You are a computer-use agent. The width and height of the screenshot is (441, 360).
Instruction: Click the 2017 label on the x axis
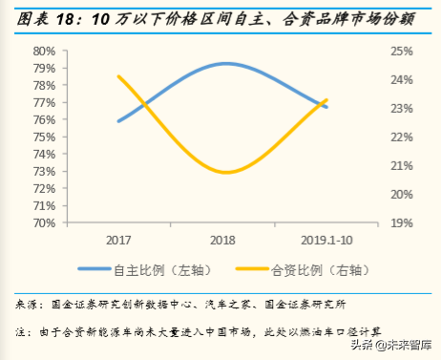point(119,241)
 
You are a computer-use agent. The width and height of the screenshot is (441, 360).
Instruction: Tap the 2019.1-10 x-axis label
point(327,241)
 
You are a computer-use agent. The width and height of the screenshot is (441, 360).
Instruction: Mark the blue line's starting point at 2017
point(119,121)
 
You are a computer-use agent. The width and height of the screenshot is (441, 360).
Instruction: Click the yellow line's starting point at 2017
point(119,76)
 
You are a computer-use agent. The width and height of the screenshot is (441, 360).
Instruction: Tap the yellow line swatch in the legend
point(236,270)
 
